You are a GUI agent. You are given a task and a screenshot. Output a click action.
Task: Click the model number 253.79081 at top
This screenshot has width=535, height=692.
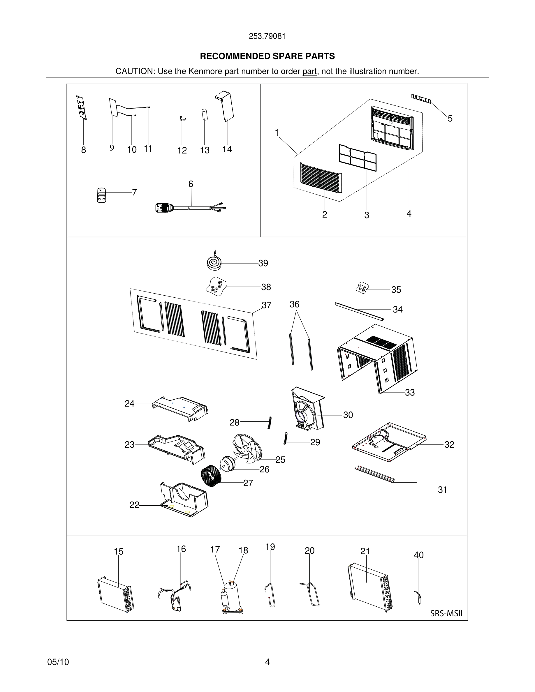pos(267,36)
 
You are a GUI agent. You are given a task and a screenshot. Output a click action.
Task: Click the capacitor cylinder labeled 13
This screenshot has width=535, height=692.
pos(205,114)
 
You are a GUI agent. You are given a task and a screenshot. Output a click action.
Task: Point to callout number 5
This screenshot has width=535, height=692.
pos(450,119)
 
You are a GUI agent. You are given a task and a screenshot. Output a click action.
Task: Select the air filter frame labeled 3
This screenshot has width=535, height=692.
pos(358,158)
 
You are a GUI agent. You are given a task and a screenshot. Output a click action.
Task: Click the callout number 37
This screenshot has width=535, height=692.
pos(266,305)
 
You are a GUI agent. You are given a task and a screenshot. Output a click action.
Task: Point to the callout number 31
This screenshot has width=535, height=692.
pos(442,490)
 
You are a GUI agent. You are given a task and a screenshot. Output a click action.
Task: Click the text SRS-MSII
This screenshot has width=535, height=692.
pos(446,613)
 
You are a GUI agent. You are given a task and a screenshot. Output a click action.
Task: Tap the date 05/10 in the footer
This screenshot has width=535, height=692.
pos(58,662)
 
